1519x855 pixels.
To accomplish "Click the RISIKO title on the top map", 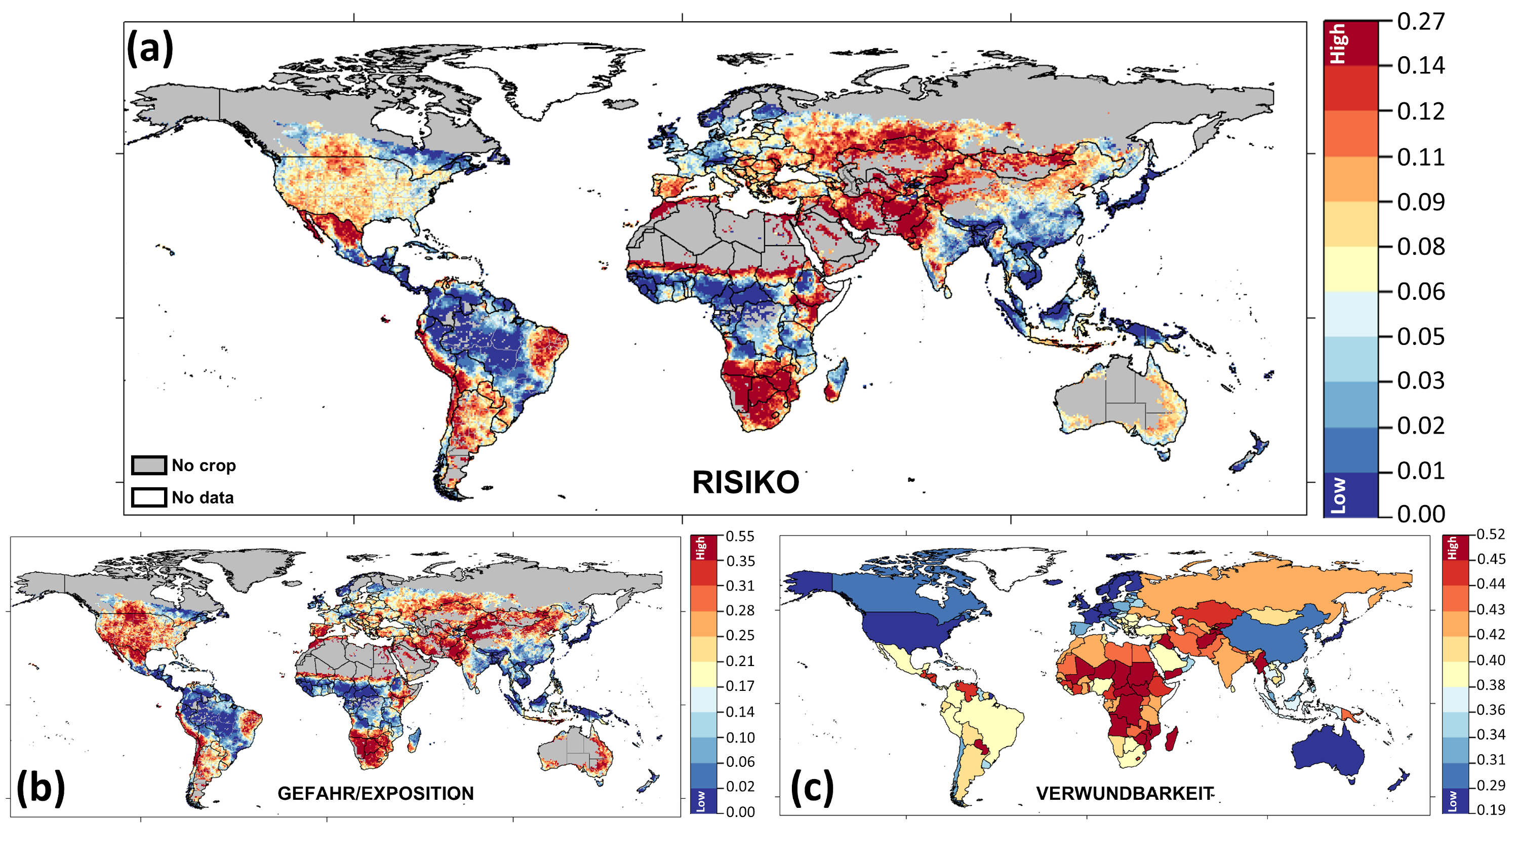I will coord(745,483).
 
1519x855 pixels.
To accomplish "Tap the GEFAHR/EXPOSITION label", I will coord(376,794).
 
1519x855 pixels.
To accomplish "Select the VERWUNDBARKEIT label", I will coord(1125,794).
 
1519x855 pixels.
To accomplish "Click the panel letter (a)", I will coord(150,49).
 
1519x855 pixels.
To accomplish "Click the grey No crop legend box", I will coord(148,465).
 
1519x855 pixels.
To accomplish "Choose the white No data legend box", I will coord(148,497).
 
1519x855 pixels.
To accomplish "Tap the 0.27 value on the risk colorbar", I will coord(1421,22).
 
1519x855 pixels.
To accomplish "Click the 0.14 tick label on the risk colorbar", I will coord(1421,65).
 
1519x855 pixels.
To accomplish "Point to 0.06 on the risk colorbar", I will coord(1421,291).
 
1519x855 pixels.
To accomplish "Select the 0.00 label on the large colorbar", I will coord(1421,514).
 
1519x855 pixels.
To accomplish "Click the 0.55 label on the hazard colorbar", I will coord(740,536).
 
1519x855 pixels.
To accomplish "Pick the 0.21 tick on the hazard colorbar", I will coord(740,661).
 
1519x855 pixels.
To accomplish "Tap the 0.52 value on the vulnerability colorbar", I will coord(1491,534).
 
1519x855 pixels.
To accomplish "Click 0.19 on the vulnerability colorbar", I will coord(1491,809).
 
